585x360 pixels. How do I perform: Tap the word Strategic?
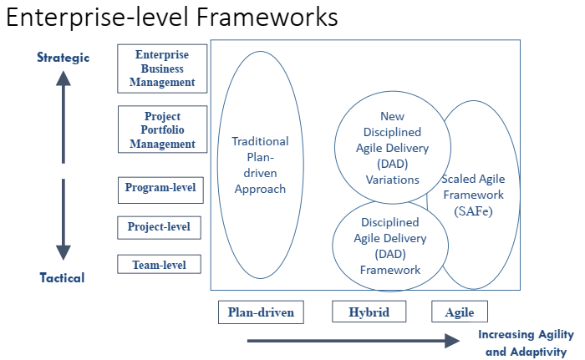pos(64,58)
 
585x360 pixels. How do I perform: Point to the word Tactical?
pos(62,278)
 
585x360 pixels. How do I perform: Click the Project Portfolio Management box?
pos(162,129)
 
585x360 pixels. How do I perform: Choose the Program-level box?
pos(160,188)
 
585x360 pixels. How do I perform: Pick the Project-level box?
pos(159,226)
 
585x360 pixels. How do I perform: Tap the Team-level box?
pos(159,265)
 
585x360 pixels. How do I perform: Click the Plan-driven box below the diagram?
pos(261,312)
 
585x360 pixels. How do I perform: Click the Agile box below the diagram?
pos(459,312)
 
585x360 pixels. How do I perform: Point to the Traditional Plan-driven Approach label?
pos(260,165)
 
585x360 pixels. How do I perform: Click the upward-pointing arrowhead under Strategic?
pos(64,80)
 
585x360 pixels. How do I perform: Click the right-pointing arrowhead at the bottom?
pos(451,340)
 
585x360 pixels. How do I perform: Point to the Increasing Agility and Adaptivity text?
pos(526,343)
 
